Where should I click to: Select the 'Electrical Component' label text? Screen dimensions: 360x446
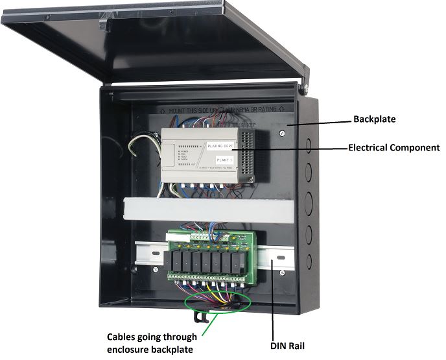(x=393, y=148)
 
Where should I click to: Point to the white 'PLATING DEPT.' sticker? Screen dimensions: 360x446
(x=223, y=146)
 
